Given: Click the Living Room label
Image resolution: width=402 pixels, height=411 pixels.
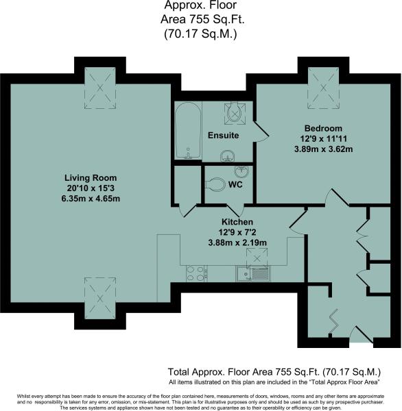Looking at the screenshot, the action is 91,177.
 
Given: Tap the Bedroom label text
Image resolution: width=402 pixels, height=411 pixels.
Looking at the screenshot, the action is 323,128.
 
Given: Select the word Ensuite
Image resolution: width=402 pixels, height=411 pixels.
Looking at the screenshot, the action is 223,135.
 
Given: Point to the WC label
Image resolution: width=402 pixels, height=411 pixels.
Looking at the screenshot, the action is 235,184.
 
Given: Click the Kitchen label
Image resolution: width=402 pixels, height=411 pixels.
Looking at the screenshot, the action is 237,222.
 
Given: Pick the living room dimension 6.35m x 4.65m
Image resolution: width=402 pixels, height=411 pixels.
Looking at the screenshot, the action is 91,199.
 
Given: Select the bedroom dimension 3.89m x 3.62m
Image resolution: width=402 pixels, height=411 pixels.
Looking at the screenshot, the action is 323,149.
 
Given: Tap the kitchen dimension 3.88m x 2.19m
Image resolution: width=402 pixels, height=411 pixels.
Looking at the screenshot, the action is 237,242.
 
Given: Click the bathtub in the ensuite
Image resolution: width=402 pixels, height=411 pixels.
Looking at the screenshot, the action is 188,131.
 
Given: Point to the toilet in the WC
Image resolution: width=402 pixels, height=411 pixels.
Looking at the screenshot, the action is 215,184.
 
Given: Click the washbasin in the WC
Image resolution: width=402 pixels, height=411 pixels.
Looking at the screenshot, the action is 241,171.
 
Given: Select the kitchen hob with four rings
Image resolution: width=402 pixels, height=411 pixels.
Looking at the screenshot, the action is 195,273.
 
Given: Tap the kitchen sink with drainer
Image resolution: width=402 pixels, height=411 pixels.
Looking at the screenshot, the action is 252,273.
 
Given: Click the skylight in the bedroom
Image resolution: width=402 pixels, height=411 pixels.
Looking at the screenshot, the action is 323,88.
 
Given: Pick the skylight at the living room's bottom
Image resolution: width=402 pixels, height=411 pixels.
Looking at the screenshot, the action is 100,298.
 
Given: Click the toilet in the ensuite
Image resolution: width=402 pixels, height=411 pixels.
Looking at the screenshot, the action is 235,113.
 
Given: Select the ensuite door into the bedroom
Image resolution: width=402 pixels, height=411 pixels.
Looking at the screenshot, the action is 261,132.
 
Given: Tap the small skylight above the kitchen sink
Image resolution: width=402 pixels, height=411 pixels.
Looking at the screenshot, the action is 257,259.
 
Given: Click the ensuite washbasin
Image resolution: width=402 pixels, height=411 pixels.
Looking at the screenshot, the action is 227,156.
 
